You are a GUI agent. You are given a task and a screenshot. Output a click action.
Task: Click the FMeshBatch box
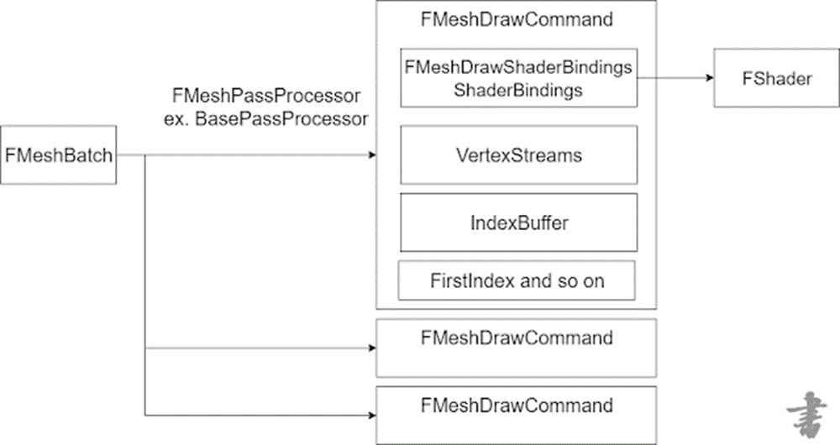point(58,155)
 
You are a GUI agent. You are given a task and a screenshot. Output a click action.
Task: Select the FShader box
point(764,78)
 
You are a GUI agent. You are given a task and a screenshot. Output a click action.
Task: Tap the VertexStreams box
point(517,155)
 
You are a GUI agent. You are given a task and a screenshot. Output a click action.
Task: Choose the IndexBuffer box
point(517,223)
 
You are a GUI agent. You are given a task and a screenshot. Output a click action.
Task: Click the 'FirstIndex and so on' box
point(517,281)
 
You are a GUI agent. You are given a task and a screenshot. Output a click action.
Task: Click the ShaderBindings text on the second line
point(517,92)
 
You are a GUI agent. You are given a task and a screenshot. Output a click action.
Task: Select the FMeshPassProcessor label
point(265,94)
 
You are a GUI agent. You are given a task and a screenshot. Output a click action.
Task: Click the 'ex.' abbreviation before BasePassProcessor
point(177,119)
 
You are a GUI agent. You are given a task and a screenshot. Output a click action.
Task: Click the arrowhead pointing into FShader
point(708,78)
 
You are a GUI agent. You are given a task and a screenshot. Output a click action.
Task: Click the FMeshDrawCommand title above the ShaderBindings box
point(517,21)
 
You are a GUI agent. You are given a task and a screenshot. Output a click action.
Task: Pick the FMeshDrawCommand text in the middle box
point(517,338)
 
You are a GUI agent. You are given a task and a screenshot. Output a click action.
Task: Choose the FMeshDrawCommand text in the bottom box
point(517,406)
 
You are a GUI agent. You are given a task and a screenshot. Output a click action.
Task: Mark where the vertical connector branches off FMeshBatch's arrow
point(146,155)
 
